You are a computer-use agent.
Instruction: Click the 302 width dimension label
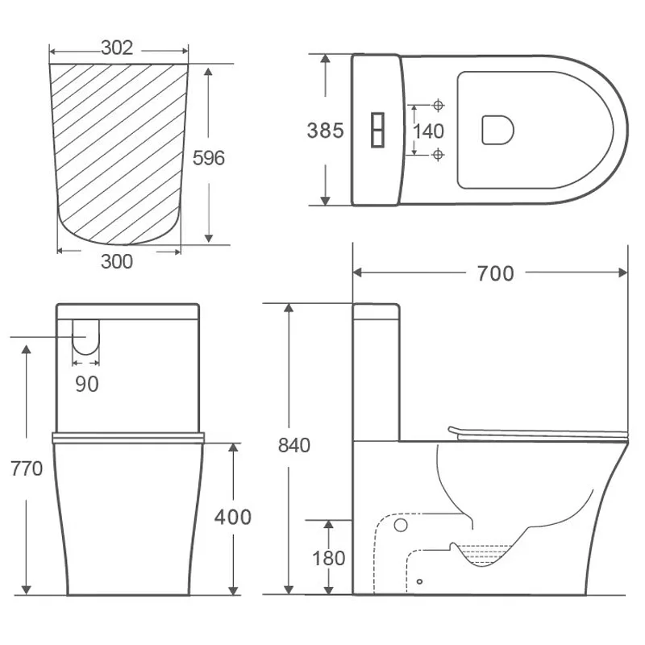coord(117,48)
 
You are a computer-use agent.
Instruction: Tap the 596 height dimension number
coord(209,158)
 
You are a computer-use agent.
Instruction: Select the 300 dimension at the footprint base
coord(117,261)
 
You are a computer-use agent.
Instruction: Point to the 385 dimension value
coord(325,131)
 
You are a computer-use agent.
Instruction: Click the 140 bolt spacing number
coord(428,131)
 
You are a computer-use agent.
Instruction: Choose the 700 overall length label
coord(495,273)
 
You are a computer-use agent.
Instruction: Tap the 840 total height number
coord(293,446)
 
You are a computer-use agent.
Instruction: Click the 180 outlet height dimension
coord(328,559)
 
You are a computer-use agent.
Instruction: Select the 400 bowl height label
coord(233,517)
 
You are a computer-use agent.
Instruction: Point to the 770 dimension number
coord(27,469)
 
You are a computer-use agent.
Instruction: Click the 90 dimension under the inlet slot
coord(87,385)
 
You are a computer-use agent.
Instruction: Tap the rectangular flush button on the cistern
coord(377,130)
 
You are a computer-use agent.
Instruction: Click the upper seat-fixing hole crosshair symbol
coord(438,106)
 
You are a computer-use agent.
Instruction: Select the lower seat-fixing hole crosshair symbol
coord(438,155)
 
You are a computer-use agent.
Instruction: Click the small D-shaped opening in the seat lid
coord(497,130)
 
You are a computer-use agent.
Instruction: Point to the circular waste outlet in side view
coord(400,525)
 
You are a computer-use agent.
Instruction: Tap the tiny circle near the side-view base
coord(419,581)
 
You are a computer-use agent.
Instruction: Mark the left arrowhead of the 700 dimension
coord(357,273)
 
